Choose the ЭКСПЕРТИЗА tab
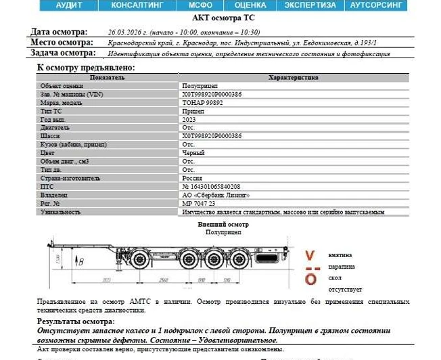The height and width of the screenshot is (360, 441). pos(309,5)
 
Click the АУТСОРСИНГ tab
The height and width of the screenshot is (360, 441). pos(378,5)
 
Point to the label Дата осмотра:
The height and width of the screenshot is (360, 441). pos(59,32)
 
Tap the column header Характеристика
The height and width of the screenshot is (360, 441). pos(294,78)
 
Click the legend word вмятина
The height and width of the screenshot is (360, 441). pos(340,256)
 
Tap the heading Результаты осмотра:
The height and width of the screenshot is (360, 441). pos(76,321)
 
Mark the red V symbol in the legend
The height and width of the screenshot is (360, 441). pos(310,256)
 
